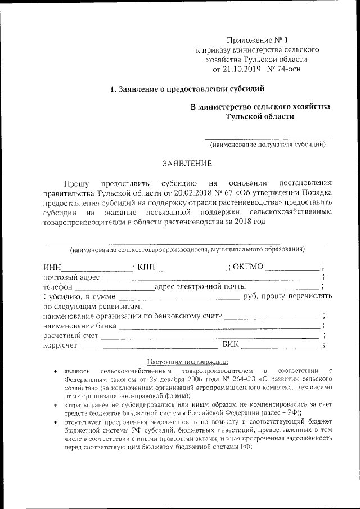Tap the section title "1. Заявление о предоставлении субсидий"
tap(186, 89)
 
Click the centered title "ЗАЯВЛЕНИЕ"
tap(188, 164)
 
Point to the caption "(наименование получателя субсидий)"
tap(267, 145)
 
